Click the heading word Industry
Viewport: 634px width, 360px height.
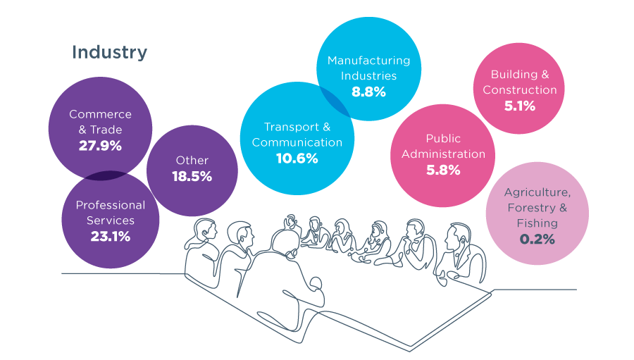pos(109,52)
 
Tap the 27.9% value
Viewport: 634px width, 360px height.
pos(100,146)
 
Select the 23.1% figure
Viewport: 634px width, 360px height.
pos(111,237)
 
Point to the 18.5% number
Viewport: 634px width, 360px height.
pos(192,177)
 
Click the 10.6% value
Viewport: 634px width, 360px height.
pos(297,159)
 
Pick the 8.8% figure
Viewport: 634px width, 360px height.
pos(368,92)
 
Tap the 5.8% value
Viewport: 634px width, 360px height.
pos(444,170)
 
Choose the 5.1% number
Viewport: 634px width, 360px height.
pos(520,106)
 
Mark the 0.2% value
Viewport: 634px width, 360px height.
pos(537,240)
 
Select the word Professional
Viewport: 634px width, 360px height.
pos(111,205)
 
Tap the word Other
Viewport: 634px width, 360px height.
pos(192,161)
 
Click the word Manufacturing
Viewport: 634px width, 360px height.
pos(368,61)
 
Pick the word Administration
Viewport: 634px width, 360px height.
pos(444,154)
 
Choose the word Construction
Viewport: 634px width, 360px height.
pos(520,90)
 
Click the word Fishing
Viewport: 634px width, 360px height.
pos(537,223)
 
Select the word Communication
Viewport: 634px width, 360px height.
pos(297,142)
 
